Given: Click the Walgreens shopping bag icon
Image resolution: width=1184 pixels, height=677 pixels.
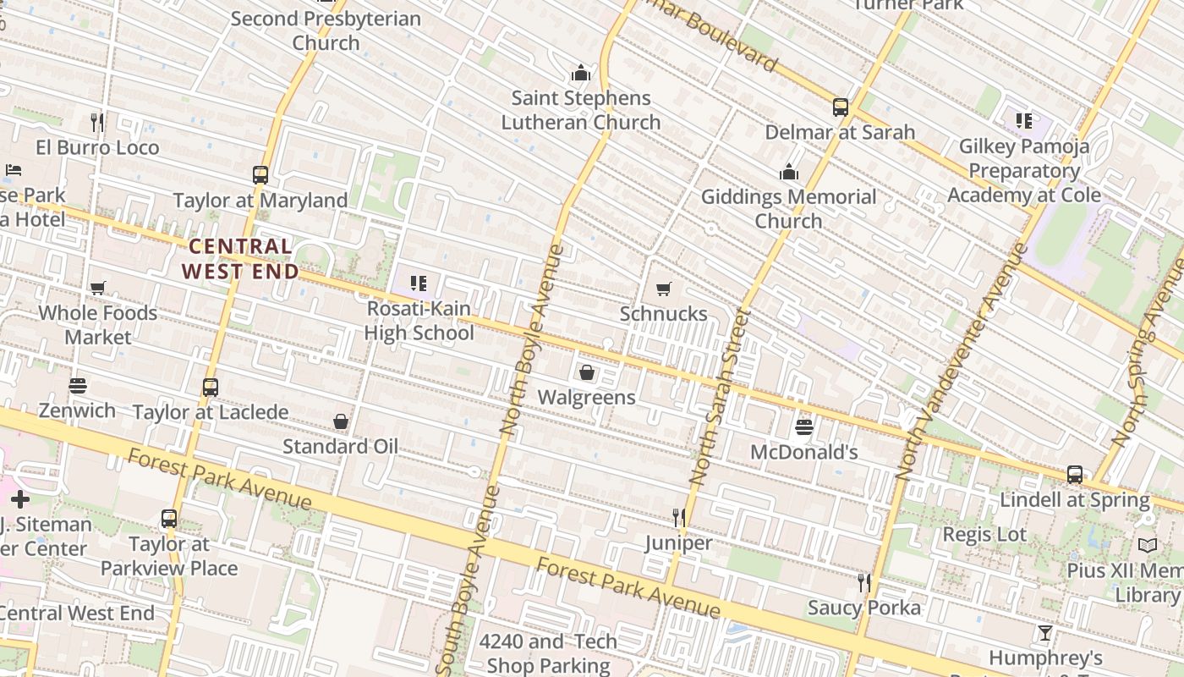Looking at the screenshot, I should click(586, 372).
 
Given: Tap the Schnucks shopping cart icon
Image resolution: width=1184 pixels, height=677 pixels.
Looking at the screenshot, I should click(664, 289).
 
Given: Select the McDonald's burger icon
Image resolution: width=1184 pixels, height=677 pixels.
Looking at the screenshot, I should click(804, 427).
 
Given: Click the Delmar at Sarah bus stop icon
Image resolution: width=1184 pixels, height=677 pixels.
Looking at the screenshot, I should click(840, 107).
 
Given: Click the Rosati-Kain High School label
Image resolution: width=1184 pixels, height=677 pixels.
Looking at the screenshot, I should click(419, 321).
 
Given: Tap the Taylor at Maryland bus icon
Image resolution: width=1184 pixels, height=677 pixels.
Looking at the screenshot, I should click(260, 175).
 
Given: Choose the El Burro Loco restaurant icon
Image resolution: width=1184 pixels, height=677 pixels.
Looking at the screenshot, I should click(97, 123).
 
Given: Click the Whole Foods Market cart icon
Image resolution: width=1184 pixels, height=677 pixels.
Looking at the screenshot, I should click(98, 289).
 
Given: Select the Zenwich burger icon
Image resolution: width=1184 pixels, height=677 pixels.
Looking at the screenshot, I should click(78, 386).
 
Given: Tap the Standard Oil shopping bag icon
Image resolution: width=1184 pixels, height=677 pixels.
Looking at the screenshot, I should click(341, 421).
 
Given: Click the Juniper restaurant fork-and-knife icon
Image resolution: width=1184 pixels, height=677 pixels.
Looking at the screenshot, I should click(678, 517).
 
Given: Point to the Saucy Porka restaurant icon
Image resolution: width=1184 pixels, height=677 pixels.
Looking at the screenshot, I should click(863, 582).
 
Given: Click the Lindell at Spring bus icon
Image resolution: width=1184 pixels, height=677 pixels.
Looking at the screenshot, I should click(1074, 475).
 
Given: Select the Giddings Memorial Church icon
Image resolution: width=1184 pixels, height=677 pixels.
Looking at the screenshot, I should click(789, 173).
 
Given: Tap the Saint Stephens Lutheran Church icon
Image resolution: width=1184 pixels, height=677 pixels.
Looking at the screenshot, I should click(580, 73).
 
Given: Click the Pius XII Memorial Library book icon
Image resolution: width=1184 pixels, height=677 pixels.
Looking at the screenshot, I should click(1147, 546).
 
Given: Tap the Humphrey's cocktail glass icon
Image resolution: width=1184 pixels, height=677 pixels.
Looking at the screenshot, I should click(1045, 633).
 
